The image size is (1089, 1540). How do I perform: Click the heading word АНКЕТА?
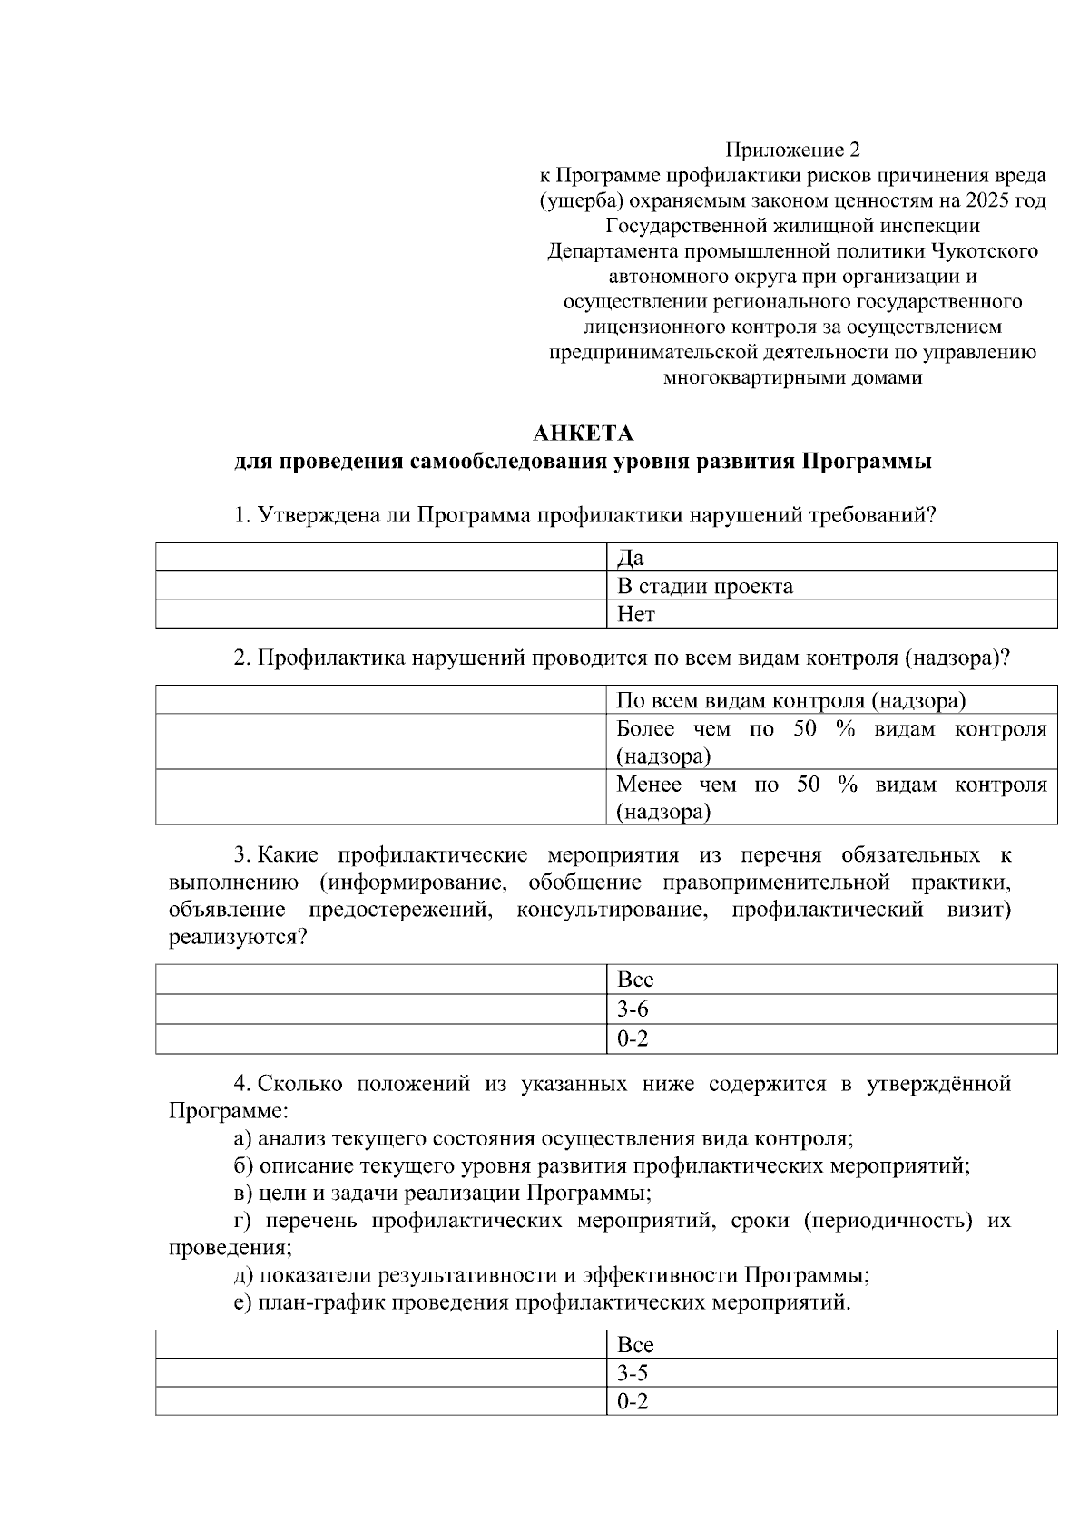[583, 433]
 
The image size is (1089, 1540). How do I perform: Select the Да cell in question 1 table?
[830, 558]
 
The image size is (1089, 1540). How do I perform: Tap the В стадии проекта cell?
[830, 586]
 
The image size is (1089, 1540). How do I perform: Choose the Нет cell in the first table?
[830, 615]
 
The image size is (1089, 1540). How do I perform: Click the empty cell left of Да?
[380, 558]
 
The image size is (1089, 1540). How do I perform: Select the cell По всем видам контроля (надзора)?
[830, 700]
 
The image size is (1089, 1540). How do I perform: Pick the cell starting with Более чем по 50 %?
[830, 742]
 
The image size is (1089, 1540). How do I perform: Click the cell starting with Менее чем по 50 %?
[830, 797]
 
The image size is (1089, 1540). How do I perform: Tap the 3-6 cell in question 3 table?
[830, 1009]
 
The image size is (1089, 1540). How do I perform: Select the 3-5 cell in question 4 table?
[830, 1373]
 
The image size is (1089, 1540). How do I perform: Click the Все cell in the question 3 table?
[830, 980]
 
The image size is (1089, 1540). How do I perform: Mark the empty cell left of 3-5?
[380, 1373]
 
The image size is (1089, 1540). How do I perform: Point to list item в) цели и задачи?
[442, 1193]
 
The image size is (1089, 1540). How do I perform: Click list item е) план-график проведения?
[542, 1304]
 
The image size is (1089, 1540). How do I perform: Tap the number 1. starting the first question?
[242, 516]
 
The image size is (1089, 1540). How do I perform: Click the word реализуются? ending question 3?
[239, 938]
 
